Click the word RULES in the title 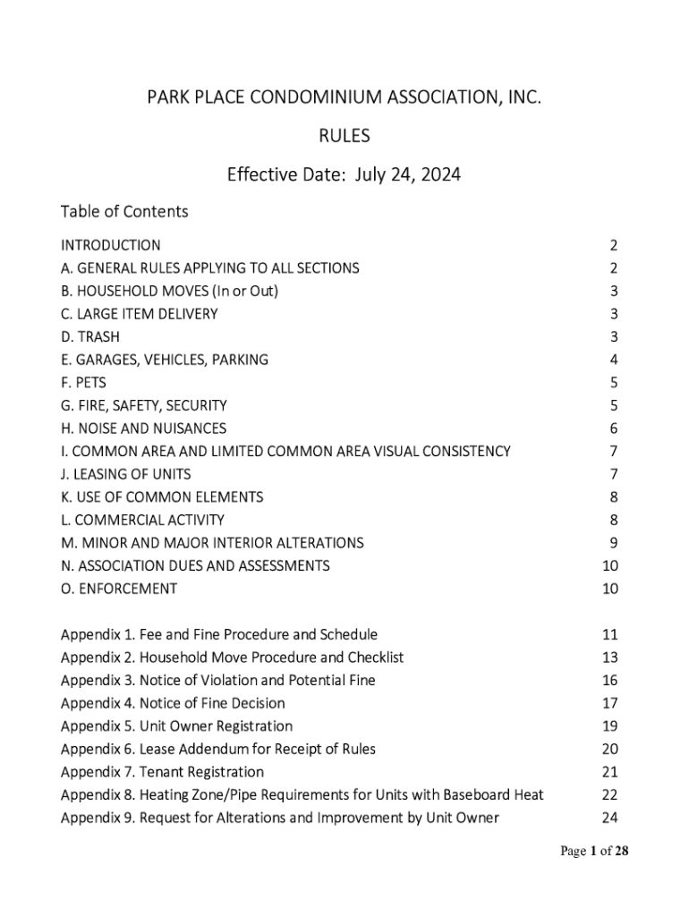tap(344, 136)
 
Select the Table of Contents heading tap(124, 212)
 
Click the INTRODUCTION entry tap(111, 245)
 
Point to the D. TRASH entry tap(89, 337)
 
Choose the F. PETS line tap(83, 383)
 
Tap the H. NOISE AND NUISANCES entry tap(143, 428)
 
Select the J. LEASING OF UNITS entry tap(125, 474)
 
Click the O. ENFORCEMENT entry tap(119, 589)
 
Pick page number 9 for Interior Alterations tap(613, 543)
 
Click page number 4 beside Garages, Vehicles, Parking tap(613, 360)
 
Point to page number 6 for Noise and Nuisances tap(613, 428)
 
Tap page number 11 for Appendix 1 tap(610, 635)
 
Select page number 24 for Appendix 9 tap(610, 818)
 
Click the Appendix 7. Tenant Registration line tap(162, 772)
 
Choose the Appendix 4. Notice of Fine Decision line tap(173, 703)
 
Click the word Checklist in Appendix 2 tap(374, 657)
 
